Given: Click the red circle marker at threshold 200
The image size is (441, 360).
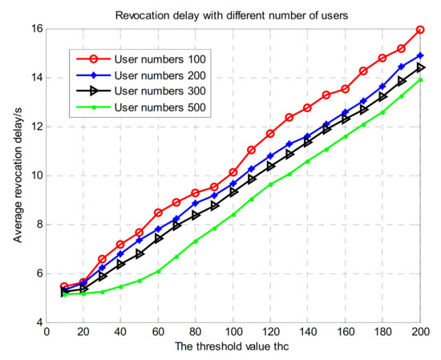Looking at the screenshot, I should click(x=421, y=30).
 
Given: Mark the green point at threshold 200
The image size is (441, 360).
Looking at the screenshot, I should click(x=421, y=79).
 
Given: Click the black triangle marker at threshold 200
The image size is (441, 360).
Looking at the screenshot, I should click(x=421, y=67).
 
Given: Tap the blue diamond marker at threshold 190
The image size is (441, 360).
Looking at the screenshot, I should click(x=402, y=67).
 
